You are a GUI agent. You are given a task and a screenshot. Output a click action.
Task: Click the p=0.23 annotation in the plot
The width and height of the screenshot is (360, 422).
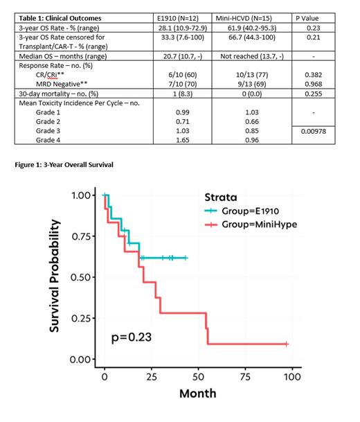point(132,337)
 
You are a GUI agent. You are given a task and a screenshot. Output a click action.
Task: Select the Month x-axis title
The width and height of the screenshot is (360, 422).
point(198,394)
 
